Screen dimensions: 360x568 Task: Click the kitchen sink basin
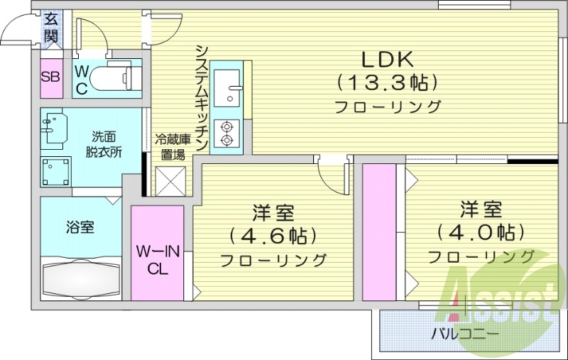(x=228, y=88)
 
